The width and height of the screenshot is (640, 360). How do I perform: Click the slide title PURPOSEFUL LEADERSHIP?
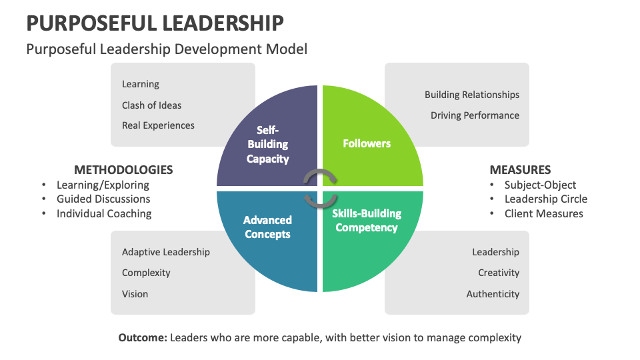click(x=155, y=23)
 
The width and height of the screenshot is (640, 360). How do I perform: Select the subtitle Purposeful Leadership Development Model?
click(x=166, y=49)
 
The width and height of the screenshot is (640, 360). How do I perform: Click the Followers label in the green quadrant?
click(x=367, y=143)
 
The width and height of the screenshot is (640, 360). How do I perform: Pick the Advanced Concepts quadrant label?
click(x=267, y=227)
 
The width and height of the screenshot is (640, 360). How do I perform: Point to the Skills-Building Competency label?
click(x=367, y=221)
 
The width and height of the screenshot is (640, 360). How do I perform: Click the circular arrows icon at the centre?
click(x=320, y=189)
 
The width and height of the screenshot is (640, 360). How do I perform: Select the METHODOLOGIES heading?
click(x=123, y=169)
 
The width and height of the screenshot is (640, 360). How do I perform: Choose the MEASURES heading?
click(x=520, y=169)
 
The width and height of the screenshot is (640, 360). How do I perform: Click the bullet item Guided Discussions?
click(x=103, y=199)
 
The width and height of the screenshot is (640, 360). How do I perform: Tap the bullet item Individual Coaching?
click(x=104, y=213)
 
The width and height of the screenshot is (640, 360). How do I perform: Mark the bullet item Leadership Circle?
click(x=546, y=199)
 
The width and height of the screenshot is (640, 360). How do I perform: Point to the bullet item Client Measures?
click(x=543, y=213)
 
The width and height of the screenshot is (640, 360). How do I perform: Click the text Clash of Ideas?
click(x=151, y=105)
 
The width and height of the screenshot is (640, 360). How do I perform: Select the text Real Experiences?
click(x=158, y=125)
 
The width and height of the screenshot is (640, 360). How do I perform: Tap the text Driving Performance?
click(x=475, y=115)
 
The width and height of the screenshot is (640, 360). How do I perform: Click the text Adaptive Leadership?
click(x=165, y=252)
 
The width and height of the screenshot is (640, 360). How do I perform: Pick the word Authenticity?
click(x=493, y=294)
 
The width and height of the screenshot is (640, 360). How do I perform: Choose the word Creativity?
click(x=498, y=273)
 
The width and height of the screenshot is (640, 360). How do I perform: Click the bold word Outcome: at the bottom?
click(x=143, y=338)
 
